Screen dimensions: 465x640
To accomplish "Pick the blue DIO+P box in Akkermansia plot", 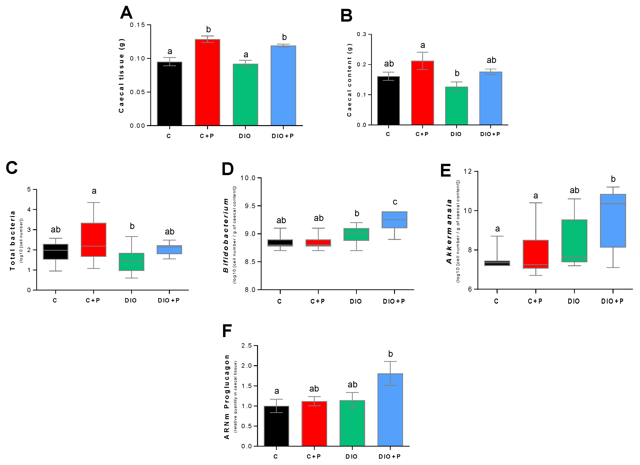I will coord(613,221).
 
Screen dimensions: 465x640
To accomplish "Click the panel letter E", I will coord(446,171).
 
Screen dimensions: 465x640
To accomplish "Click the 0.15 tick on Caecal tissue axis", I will coord(137,25).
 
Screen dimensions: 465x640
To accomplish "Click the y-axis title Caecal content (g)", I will coord(349,80).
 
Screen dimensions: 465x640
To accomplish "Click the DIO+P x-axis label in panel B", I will coord(490,134).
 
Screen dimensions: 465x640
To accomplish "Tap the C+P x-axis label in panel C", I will coord(93,300).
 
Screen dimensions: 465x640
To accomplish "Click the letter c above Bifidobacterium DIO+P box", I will coord(395,202).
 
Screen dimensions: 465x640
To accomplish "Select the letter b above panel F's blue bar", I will coord(390,354).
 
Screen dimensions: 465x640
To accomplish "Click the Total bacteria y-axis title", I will coord(12,240).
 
